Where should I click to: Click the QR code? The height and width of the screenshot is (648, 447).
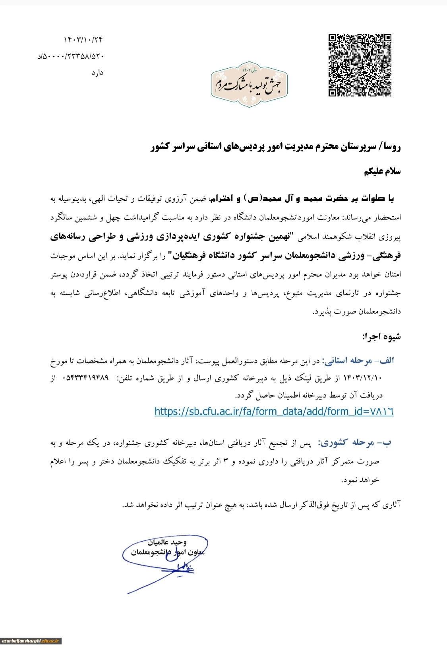pyautogui.click(x=360, y=65)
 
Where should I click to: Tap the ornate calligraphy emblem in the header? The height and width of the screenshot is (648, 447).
pyautogui.click(x=249, y=84)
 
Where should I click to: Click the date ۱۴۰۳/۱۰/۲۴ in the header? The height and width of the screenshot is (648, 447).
pyautogui.click(x=83, y=40)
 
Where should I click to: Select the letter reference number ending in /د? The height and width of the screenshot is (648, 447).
pyautogui.click(x=71, y=56)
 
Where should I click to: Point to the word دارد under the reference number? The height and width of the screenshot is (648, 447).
pyautogui.click(x=97, y=73)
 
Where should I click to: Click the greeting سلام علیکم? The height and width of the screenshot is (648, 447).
pyautogui.click(x=382, y=171)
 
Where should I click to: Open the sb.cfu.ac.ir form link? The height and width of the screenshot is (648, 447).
pyautogui.click(x=274, y=411)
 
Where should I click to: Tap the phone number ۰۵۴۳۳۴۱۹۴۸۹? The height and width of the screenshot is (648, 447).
pyautogui.click(x=85, y=378)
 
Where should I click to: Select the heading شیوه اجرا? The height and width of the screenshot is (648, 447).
pyautogui.click(x=381, y=337)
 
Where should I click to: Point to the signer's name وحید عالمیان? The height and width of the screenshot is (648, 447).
pyautogui.click(x=167, y=542)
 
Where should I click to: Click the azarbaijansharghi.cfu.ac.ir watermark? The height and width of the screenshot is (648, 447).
pyautogui.click(x=31, y=641)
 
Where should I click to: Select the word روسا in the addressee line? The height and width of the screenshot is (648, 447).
pyautogui.click(x=392, y=147)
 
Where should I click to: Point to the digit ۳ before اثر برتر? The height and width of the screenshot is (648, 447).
pyautogui.click(x=226, y=461)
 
